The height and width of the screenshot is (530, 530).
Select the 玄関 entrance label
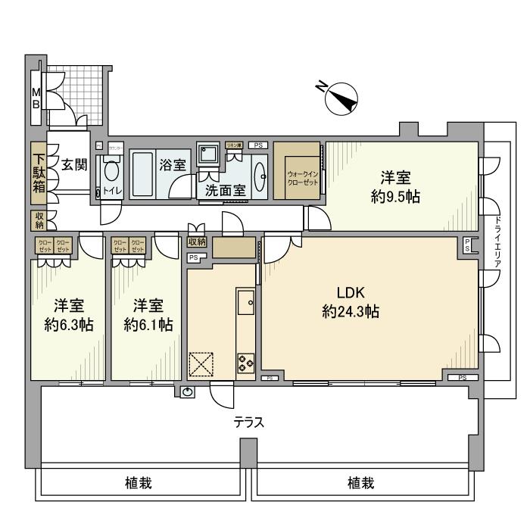(x=73, y=164)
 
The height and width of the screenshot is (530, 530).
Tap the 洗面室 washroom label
(x=221, y=191)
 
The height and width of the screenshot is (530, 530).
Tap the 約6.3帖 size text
(x=68, y=324)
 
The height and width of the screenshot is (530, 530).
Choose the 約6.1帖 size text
(x=148, y=324)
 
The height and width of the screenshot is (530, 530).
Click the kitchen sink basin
(x=245, y=304)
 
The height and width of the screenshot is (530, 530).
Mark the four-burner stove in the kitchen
(x=246, y=362)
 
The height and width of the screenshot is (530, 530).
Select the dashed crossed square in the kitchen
(x=201, y=364)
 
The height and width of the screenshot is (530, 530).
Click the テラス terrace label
(x=248, y=422)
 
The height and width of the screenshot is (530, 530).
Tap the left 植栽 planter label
(x=140, y=483)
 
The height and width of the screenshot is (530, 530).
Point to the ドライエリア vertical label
(x=497, y=243)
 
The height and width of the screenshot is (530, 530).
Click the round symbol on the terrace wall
(x=187, y=391)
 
